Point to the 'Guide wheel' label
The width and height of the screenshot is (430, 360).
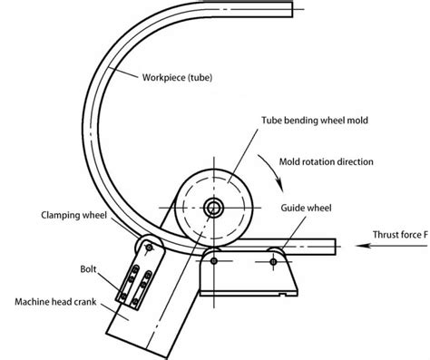[310, 208]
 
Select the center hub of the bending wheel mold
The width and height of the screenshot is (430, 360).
[214, 208]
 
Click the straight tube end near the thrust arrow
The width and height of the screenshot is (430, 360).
[332, 244]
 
